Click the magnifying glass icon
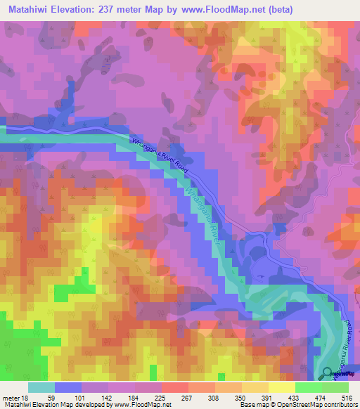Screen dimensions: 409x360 click(328, 375)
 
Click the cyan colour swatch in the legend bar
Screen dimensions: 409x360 click(41, 387)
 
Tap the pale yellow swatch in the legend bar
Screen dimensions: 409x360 click(281, 387)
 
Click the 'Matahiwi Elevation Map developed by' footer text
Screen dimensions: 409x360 click(48, 405)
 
